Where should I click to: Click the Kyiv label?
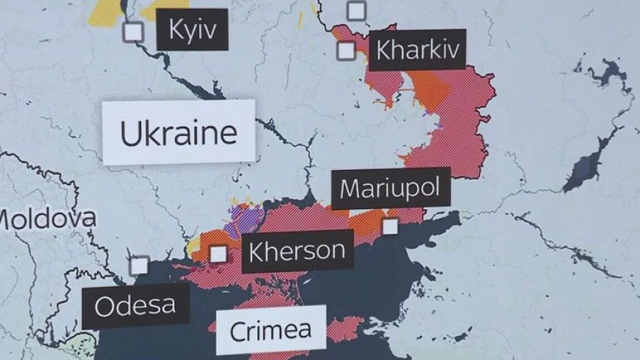(x=192, y=30)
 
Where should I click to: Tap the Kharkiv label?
(x=417, y=50)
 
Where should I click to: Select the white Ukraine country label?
(x=178, y=133)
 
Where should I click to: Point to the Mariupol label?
(x=390, y=189)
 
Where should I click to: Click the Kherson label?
(x=297, y=250)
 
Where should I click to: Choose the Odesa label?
(x=135, y=306)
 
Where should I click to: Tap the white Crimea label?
(x=270, y=329)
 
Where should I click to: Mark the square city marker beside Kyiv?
(x=133, y=32)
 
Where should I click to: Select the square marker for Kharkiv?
(x=346, y=51)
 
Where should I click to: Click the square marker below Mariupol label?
(x=390, y=226)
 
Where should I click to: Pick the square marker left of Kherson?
(x=218, y=253)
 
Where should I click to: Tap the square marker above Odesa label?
(x=139, y=265)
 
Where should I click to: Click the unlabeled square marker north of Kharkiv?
(x=356, y=11)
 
